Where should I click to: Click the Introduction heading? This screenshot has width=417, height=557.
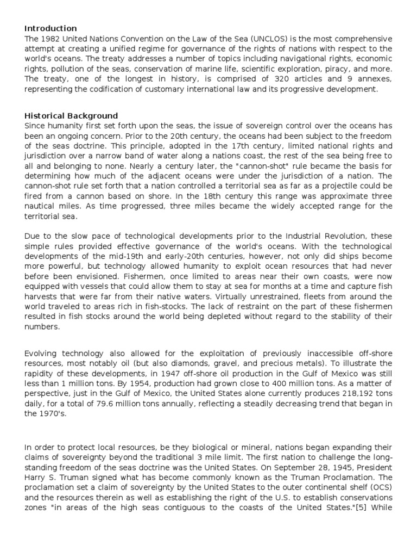pos(50,28)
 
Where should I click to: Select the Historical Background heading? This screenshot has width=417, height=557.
pos(71,116)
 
